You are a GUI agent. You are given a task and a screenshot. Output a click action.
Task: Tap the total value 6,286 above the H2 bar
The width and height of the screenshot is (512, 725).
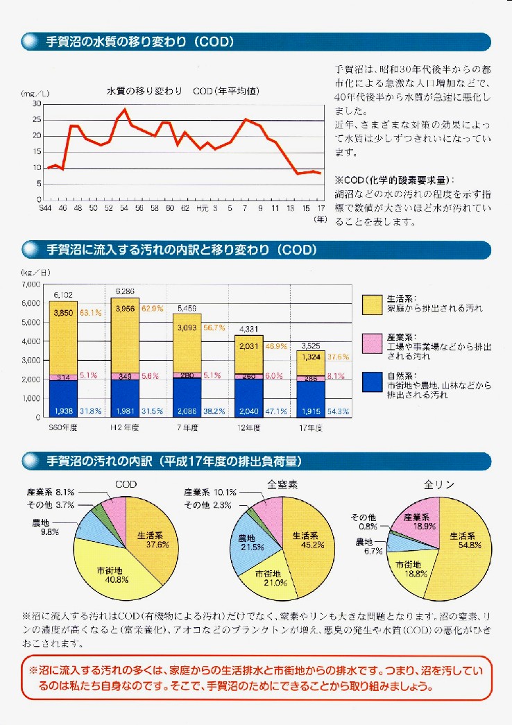[x=125, y=291]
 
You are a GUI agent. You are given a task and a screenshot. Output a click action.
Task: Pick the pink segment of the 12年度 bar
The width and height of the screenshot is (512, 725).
[x=249, y=376]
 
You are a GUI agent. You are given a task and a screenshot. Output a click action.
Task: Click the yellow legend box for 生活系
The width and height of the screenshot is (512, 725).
[x=371, y=302]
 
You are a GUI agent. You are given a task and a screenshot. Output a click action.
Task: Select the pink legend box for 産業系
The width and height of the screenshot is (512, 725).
[x=371, y=341]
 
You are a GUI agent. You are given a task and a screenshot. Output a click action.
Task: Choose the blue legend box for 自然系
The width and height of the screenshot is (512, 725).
[x=371, y=380]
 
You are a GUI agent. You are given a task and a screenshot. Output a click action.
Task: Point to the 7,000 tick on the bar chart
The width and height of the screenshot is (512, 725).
[x=32, y=284]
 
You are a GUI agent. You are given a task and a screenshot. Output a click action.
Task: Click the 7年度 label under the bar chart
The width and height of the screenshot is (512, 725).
[x=187, y=428]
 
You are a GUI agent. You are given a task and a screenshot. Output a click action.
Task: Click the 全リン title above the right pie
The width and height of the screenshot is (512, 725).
[x=438, y=486]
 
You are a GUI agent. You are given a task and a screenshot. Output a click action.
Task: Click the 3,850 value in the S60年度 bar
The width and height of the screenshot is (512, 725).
[x=63, y=313]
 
